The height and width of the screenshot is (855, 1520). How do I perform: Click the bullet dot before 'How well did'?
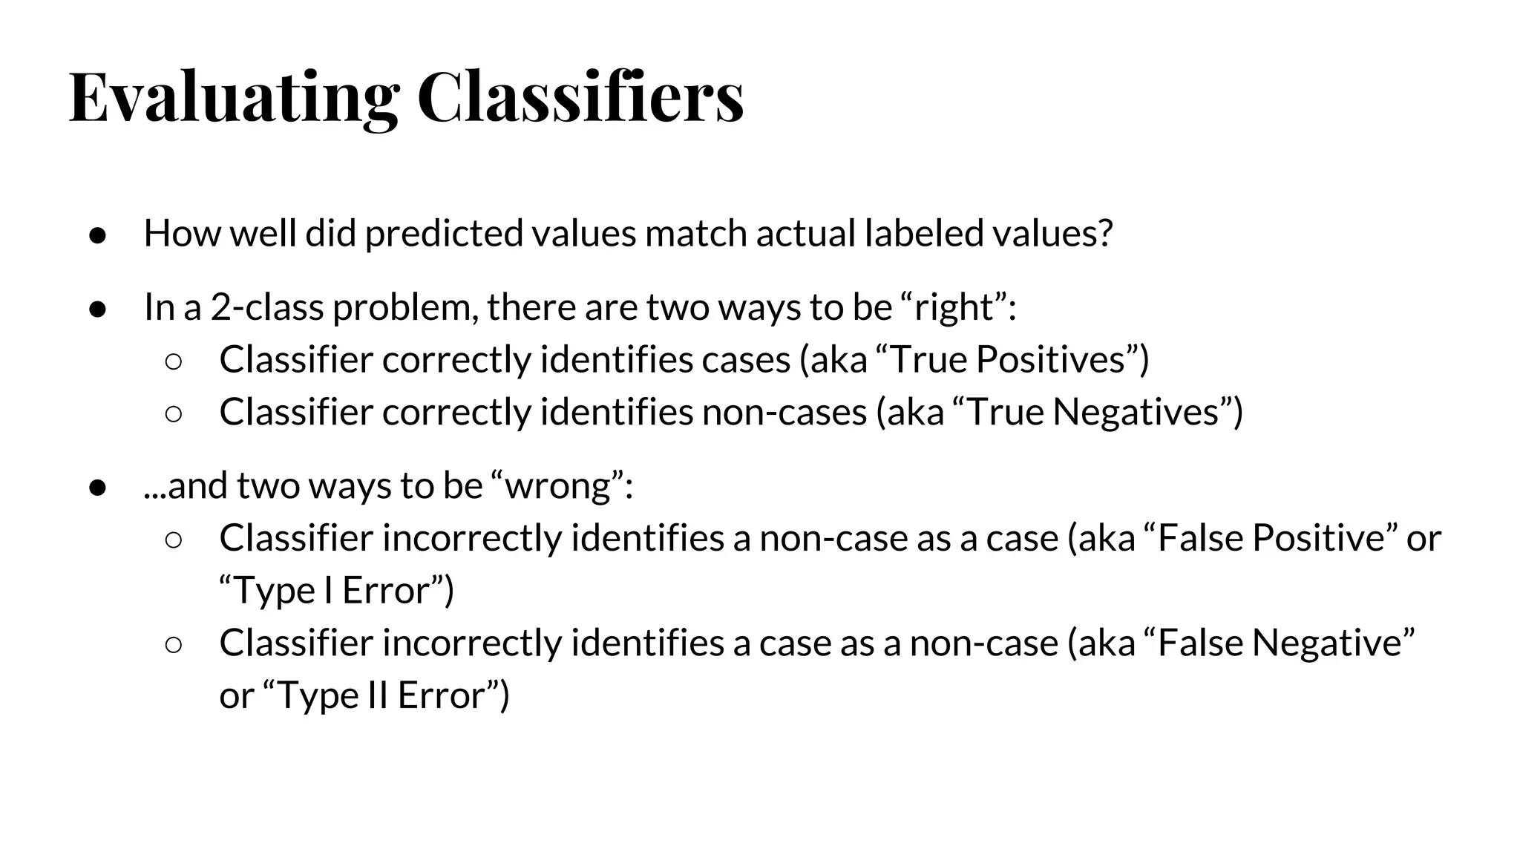click(x=98, y=235)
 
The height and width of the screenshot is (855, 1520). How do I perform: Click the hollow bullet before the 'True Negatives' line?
click(x=173, y=413)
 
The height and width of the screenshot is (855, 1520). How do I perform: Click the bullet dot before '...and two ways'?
click(x=98, y=488)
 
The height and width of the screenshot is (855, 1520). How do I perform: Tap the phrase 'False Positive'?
click(x=1271, y=538)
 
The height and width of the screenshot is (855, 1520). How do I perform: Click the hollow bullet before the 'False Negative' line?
click(x=173, y=644)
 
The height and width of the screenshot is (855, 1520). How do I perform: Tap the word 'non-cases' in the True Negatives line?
click(x=784, y=412)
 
